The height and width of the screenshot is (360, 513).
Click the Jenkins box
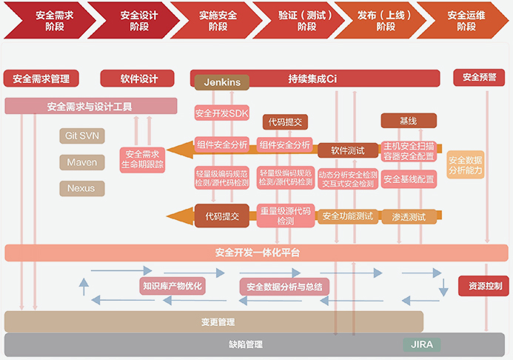pyautogui.click(x=222, y=81)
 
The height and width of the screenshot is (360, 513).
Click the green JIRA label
pyautogui.click(x=421, y=344)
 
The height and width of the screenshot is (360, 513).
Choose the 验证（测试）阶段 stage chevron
pyautogui.click(x=295, y=20)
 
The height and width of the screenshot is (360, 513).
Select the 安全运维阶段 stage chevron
pyautogui.click(x=465, y=20)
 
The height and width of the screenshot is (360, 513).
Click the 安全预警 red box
pyautogui.click(x=479, y=77)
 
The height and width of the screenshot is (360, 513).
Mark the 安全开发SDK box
pyautogui.click(x=222, y=113)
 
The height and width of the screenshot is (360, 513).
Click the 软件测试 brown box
pyautogui.click(x=348, y=150)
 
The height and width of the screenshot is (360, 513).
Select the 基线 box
pyautogui.click(x=408, y=121)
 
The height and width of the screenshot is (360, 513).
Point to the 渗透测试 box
pyautogui.click(x=408, y=217)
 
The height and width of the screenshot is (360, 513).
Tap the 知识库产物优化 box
pyautogui.click(x=172, y=285)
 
